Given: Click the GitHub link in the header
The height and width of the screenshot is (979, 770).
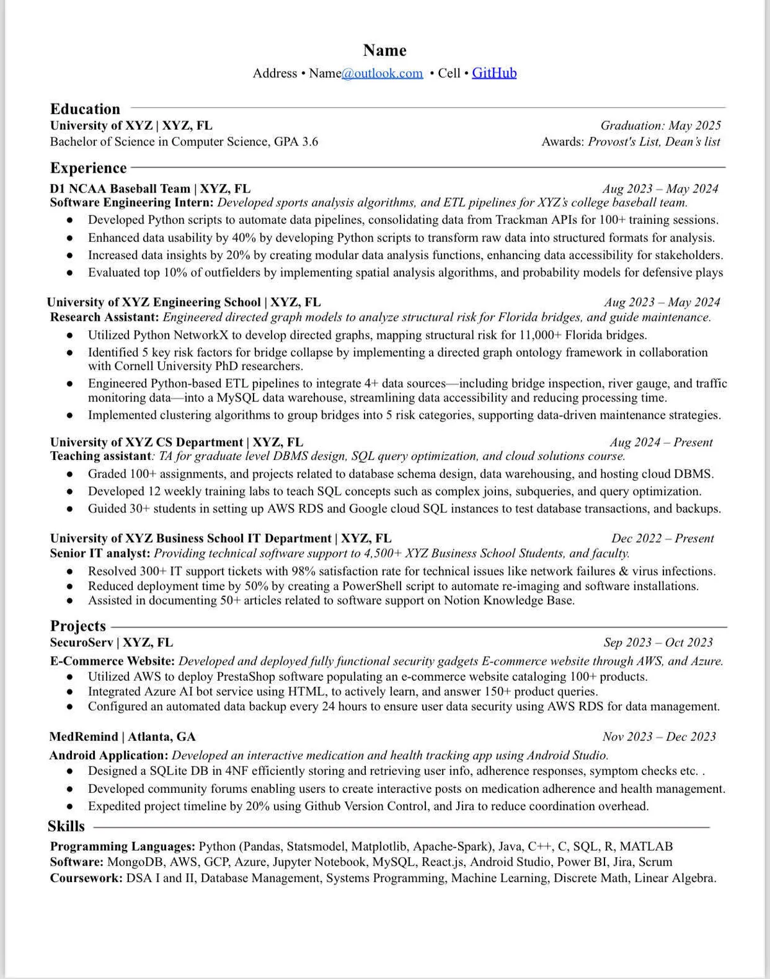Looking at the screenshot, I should (494, 73).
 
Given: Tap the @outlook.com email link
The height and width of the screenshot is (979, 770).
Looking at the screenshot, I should (382, 73).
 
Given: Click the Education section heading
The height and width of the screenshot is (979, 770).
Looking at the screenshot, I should (85, 109).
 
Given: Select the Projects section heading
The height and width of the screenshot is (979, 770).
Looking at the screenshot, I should (78, 626).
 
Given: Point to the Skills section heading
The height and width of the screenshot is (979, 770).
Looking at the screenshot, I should (66, 826).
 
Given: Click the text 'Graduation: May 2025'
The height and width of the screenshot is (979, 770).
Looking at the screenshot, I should (660, 125).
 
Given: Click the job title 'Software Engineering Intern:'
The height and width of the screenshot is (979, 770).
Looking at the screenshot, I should (132, 203).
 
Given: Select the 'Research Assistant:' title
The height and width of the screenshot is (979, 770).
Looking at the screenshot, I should (105, 317).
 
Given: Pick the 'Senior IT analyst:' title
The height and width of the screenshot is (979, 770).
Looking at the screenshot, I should (100, 553).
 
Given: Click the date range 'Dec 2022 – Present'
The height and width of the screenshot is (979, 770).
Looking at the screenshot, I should (662, 538).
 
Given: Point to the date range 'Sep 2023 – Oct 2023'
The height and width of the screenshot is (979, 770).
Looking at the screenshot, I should (658, 642).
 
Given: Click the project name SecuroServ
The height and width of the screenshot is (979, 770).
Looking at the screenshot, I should (81, 642).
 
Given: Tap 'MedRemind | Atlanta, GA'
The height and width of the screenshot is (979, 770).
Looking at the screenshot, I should (123, 736).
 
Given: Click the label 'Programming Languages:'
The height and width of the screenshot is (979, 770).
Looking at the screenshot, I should (123, 846).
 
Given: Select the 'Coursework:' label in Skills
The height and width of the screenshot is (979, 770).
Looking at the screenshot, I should (86, 878).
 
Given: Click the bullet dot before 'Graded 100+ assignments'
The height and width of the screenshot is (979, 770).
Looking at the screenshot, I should (70, 475).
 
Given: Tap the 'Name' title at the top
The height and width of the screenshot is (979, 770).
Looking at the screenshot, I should (384, 50).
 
